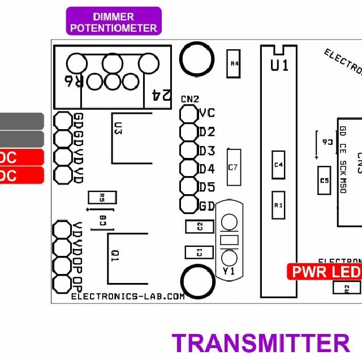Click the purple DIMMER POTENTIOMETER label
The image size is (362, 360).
coord(114,21)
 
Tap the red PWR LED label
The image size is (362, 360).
coord(324,272)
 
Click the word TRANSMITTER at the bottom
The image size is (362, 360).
coord(261,343)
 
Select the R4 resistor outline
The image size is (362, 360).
coord(233,63)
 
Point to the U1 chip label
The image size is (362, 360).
coord(279,66)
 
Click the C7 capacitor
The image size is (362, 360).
coord(234,167)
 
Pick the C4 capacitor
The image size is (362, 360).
coord(278,165)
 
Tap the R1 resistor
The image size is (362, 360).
coord(278,205)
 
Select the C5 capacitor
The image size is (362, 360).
coord(324,181)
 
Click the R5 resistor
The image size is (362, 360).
coord(102,198)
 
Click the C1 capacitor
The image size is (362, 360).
coord(200,252)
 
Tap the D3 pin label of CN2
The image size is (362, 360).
coord(206,151)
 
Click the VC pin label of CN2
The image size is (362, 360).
coord(206,113)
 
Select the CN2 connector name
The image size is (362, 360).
coord(189,98)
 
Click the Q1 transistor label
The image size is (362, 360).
coord(115,256)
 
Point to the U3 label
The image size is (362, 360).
coord(118,128)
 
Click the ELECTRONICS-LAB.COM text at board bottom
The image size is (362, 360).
coord(128,296)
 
